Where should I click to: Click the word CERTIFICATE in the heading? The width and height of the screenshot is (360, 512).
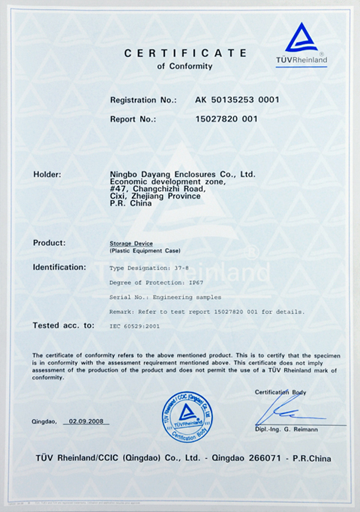(x=185, y=52)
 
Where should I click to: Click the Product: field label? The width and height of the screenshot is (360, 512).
(x=49, y=243)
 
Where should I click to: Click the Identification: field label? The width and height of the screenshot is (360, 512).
(x=59, y=267)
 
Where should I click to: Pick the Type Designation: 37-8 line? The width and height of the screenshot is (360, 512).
(x=145, y=268)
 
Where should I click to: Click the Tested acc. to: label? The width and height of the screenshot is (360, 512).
(x=64, y=325)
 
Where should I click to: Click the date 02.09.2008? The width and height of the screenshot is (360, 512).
(x=85, y=421)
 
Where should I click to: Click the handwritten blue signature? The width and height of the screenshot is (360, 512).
(x=281, y=412)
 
